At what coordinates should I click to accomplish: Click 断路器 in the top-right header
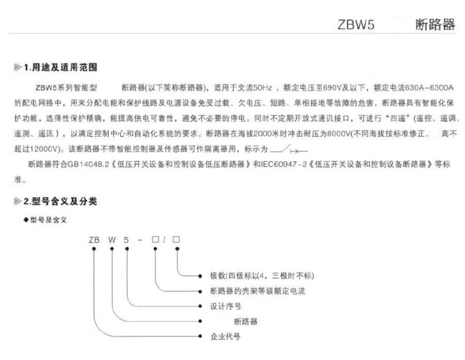coord(435,25)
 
